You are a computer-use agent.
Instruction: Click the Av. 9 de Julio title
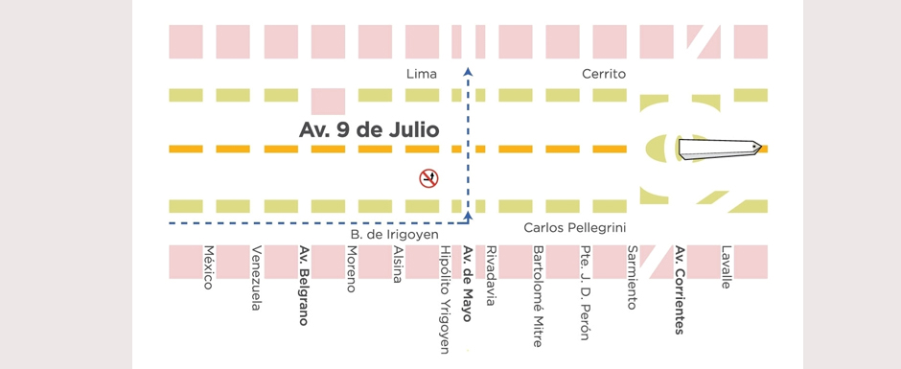click(369, 129)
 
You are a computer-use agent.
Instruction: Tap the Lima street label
click(422, 74)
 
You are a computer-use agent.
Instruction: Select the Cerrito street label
click(604, 74)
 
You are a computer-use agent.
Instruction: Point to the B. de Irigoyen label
click(393, 234)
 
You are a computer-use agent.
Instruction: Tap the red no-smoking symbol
click(428, 177)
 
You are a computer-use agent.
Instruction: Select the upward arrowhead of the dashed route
click(467, 70)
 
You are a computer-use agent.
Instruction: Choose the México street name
click(208, 267)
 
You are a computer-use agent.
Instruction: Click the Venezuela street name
click(256, 279)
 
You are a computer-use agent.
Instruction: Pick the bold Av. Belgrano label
click(303, 286)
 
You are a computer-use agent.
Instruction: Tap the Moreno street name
click(351, 269)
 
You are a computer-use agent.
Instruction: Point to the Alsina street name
click(398, 265)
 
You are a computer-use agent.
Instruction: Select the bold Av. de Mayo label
click(468, 284)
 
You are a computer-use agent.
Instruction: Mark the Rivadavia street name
click(491, 275)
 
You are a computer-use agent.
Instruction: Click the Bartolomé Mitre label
click(539, 296)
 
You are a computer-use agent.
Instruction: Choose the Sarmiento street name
click(632, 278)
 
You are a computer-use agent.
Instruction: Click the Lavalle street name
click(726, 267)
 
